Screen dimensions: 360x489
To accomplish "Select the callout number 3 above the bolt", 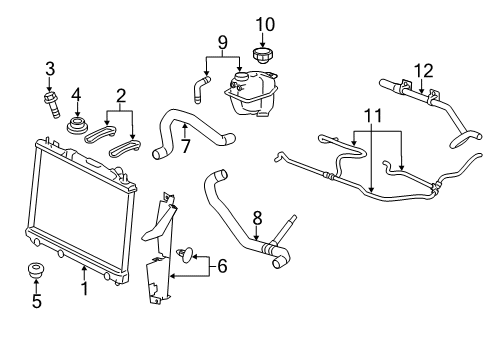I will (x=48, y=68).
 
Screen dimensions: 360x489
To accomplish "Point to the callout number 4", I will (x=76, y=96).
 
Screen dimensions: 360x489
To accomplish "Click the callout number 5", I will (x=37, y=300).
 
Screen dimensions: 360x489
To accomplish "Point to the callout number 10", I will (x=264, y=23).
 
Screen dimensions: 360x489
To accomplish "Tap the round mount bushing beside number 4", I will (x=76, y=126).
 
